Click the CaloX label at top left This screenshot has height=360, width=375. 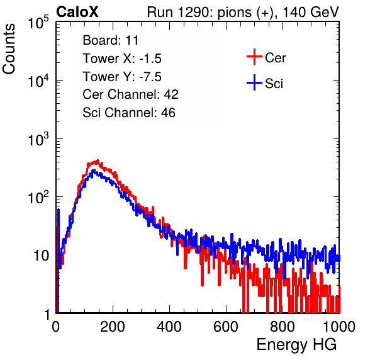tap(77, 12)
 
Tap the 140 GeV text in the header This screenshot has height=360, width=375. tap(311, 12)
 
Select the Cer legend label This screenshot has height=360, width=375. tap(275, 58)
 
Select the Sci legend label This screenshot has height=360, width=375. tap(274, 84)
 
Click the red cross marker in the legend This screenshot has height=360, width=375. tap(254, 57)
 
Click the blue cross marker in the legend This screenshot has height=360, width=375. tap(254, 82)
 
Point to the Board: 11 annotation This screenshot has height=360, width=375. tap(111, 40)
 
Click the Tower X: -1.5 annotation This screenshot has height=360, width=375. tap(122, 59)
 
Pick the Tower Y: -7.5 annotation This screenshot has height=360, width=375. tap(122, 77)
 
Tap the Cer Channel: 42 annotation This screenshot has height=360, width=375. tap(131, 94)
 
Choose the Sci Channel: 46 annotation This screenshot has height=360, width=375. tap(129, 113)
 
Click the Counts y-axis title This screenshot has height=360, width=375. tap(9, 49)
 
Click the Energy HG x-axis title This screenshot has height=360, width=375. tap(296, 345)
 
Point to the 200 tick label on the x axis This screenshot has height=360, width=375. tap(113, 327)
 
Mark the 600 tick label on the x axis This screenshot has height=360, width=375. tap(226, 327)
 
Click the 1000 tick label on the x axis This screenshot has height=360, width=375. tap(339, 327)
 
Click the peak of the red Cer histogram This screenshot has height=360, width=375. tap(98, 160)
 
